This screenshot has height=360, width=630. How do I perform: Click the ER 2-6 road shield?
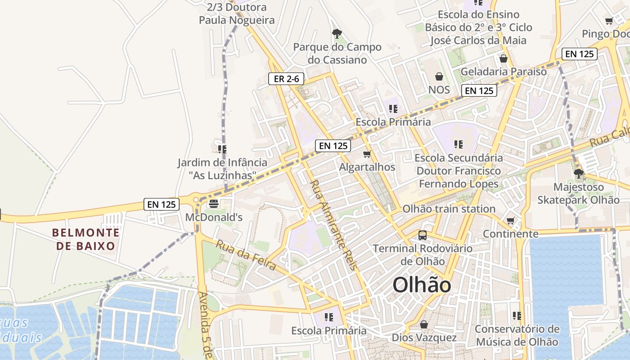coord(286,79)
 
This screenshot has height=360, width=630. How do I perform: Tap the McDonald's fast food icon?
coord(214,203)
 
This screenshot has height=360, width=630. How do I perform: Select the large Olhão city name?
coord(422,285)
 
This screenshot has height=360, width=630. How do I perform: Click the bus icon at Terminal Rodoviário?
coord(423,235)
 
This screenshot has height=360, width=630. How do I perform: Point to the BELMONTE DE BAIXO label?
coord(86,239)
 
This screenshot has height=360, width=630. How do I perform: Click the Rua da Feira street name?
coord(246,256)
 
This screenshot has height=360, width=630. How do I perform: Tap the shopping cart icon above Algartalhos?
coord(367,154)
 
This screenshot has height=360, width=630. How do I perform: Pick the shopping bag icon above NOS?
coord(439,76)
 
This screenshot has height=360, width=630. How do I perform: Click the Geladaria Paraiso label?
coord(504,72)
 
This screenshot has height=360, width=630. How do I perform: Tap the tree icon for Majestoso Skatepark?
coord(579,173)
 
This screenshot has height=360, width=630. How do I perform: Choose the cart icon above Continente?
coord(510,221)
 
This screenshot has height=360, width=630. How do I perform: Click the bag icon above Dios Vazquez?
coord(424,324)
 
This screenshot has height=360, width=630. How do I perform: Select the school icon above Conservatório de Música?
coord(517,316)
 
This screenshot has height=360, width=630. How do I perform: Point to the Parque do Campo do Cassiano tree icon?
coord(337,33)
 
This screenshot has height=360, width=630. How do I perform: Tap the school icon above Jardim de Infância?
coord(222,149)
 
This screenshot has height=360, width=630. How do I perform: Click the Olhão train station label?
coord(449,209)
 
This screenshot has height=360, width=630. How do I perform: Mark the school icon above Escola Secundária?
coord(459,144)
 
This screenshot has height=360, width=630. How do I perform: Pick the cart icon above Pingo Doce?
coord(609,21)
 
